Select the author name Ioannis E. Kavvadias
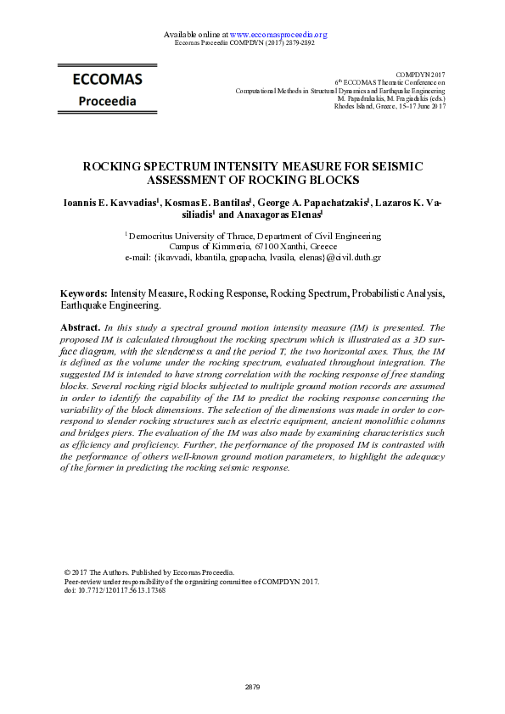point(109,204)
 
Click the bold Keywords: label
point(84,293)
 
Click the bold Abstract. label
point(81,326)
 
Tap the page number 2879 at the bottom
point(252,686)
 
